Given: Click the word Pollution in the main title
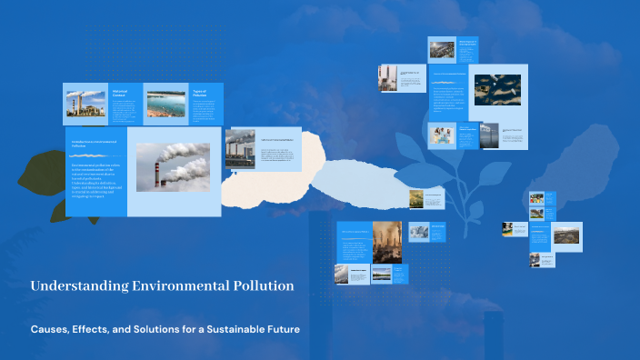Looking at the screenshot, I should coord(262,286).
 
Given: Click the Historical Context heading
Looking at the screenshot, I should coord(122,93).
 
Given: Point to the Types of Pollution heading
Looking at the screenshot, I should coord(201,93).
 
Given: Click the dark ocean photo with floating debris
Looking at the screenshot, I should coord(497,90).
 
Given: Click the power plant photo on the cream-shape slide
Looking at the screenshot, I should coord(240,146).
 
